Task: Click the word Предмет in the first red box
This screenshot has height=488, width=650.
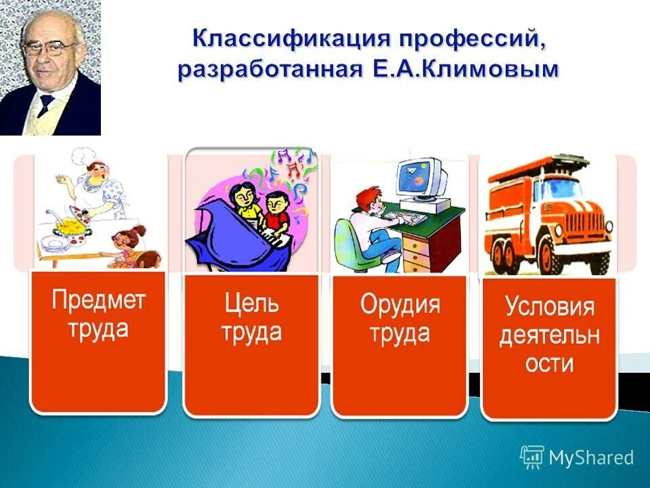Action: (x=98, y=300)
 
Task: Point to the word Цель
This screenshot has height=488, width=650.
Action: (x=251, y=302)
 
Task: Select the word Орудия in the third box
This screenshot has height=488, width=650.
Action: (x=399, y=304)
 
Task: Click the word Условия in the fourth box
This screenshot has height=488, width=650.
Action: (x=549, y=307)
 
